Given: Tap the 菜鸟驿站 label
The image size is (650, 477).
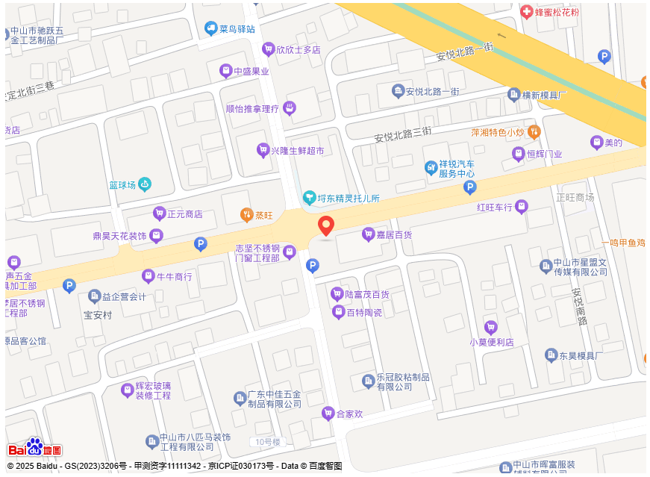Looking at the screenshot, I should (x=237, y=29).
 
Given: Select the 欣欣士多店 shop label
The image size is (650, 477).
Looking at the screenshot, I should (x=298, y=50).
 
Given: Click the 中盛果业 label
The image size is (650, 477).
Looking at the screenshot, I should (x=251, y=72).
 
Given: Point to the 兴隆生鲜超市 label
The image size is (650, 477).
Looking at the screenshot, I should (x=297, y=151).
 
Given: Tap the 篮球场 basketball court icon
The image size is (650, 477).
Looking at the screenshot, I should (x=145, y=184).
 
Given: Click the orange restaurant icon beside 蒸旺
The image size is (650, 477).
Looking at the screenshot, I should (x=246, y=215).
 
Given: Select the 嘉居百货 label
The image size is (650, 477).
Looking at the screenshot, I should (x=394, y=235).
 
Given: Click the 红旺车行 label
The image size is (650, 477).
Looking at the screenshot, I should (x=495, y=207).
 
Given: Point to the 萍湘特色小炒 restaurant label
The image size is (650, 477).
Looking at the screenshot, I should (x=497, y=132).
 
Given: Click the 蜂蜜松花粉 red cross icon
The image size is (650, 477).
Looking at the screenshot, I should (x=526, y=12).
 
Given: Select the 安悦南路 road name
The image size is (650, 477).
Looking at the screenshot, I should (x=579, y=307).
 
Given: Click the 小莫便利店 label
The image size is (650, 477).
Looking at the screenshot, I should (x=491, y=343).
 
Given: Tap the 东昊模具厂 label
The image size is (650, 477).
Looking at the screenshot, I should (x=581, y=356).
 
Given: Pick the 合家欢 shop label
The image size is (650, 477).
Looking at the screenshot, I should (x=349, y=414).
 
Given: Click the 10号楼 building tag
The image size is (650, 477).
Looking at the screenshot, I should (x=266, y=442).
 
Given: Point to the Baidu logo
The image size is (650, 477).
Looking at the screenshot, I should (x=34, y=448).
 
